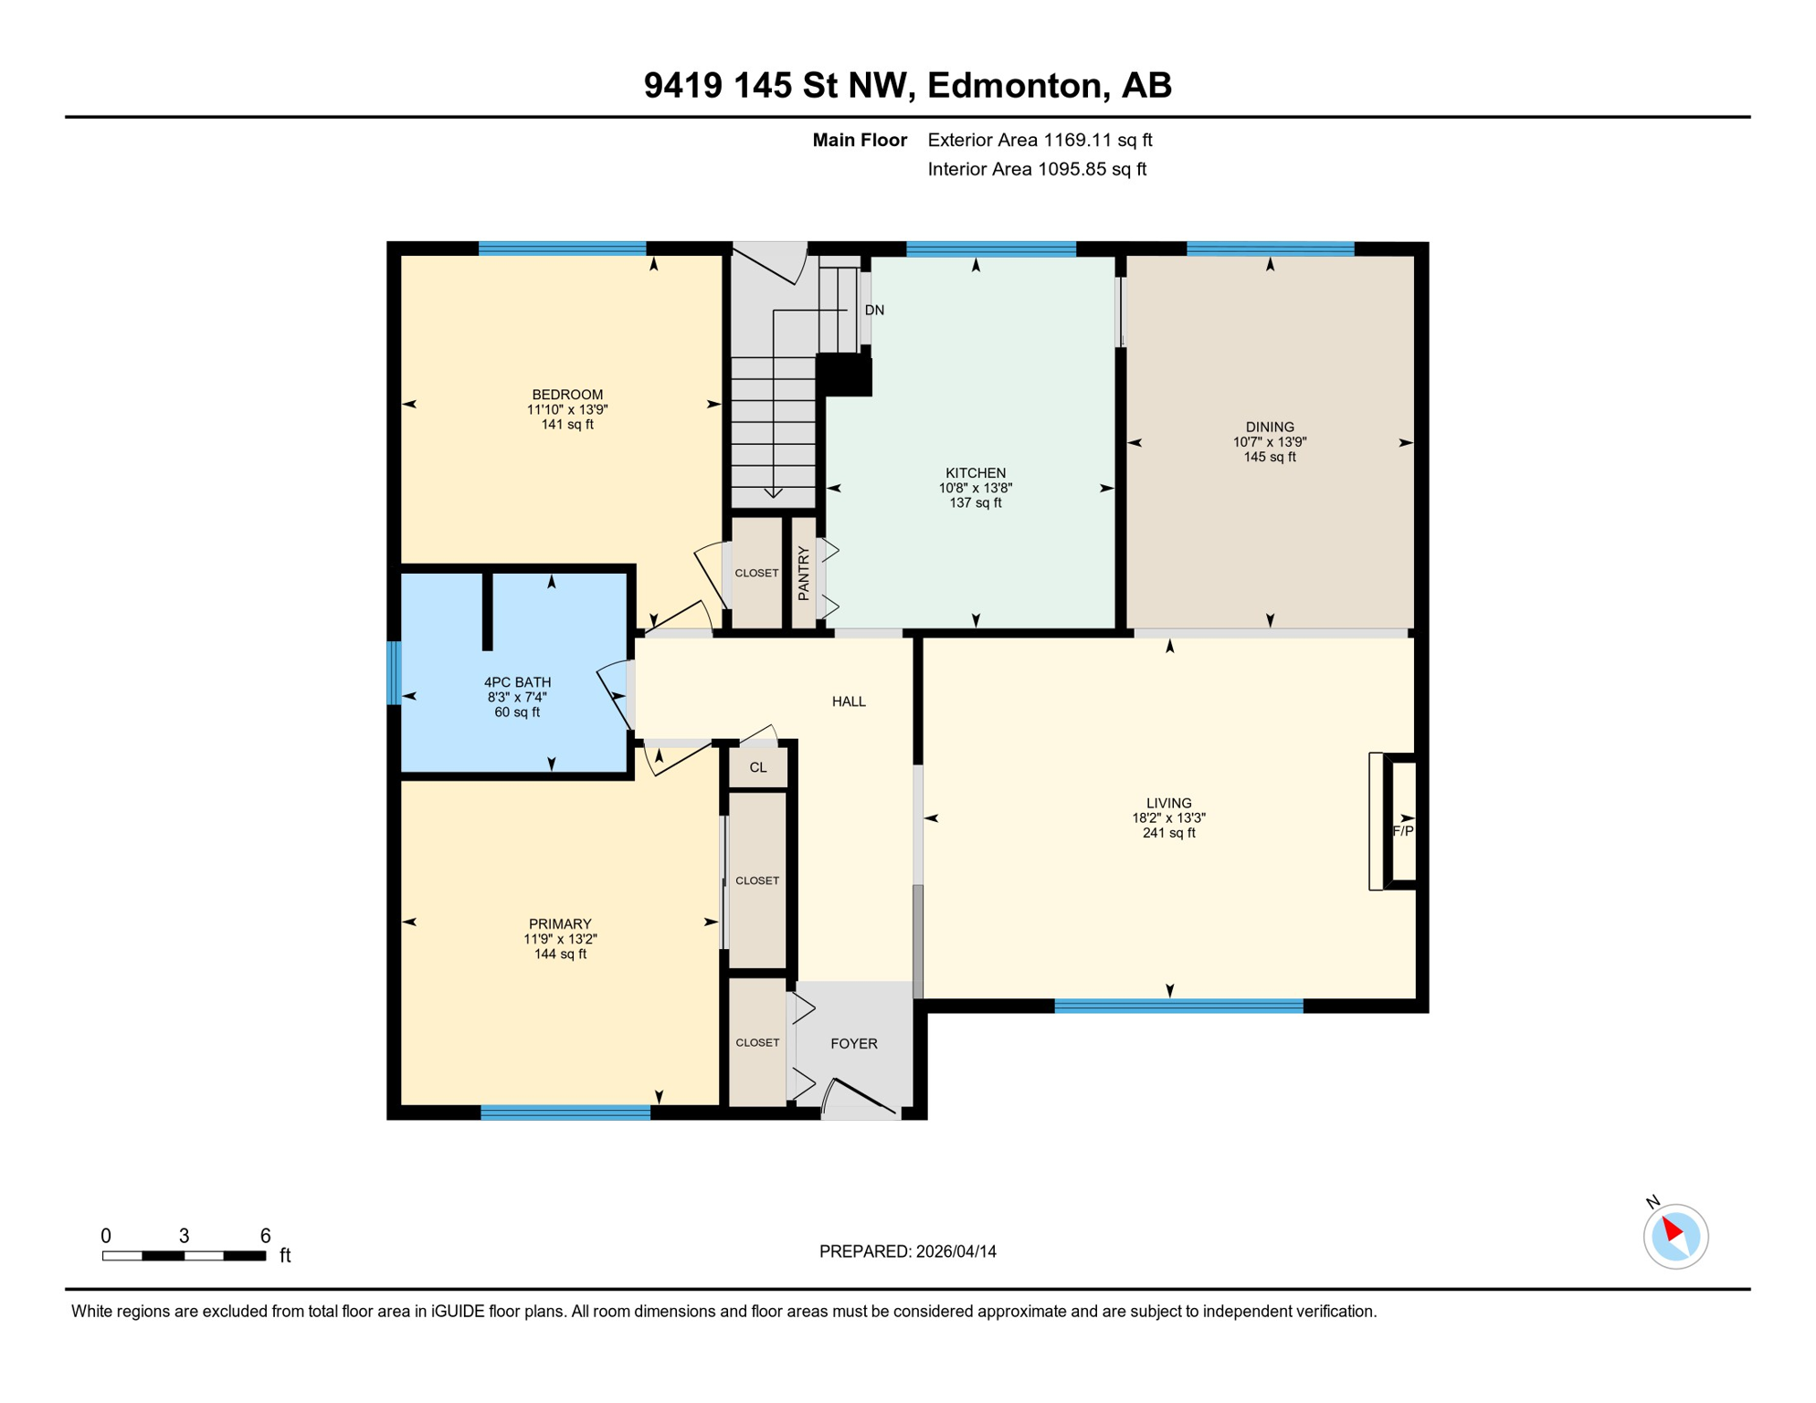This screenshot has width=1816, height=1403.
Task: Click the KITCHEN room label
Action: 976,472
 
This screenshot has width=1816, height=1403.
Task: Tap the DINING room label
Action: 1270,427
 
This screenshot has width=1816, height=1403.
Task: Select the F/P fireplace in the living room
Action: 1402,830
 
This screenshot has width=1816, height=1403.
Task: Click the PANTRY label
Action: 803,573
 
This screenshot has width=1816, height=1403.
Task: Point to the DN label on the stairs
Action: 874,310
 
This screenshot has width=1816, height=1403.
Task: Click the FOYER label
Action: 853,1043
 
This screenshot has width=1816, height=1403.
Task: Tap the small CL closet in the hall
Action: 758,767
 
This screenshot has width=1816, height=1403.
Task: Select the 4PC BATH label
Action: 517,681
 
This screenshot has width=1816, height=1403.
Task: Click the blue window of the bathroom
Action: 395,673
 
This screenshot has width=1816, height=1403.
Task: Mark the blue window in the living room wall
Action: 1178,1006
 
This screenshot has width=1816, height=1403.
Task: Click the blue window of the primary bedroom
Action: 565,1113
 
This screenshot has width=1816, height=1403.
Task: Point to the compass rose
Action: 1675,1236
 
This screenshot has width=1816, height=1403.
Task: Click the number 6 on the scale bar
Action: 265,1236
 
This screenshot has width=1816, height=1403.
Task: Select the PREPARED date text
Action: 907,1251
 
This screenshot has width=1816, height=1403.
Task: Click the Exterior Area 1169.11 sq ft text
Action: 1040,140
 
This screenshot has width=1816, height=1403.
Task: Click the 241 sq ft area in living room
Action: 1168,833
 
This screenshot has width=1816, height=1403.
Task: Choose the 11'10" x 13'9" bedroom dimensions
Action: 567,410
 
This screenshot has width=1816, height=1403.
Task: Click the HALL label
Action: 849,701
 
